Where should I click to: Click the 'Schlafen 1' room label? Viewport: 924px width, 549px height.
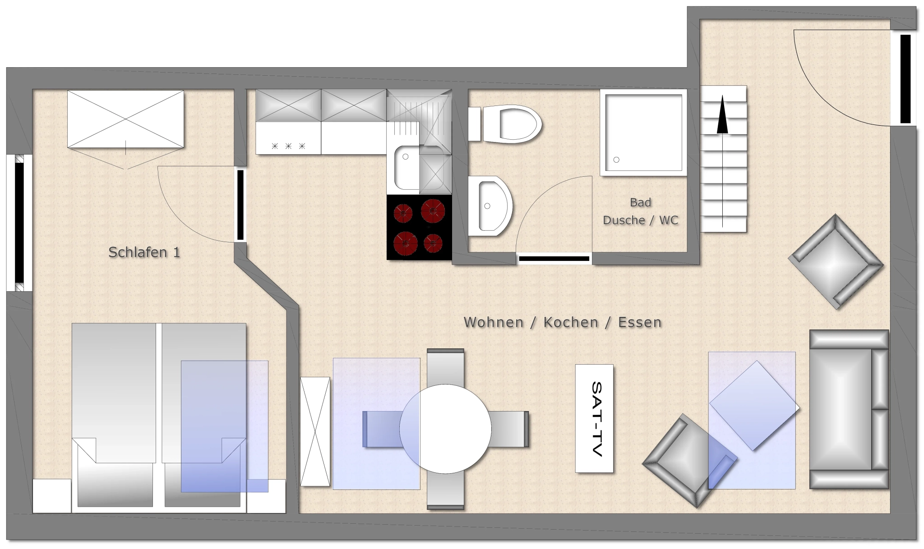click(x=144, y=252)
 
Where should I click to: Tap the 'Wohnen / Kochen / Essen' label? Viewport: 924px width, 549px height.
click(x=563, y=322)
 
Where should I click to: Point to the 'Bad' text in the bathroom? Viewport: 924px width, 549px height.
click(x=641, y=202)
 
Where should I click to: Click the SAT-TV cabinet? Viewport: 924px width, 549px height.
click(x=594, y=418)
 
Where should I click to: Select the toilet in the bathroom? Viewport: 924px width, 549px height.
click(x=505, y=124)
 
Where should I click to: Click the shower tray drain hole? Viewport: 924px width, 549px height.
click(x=616, y=160)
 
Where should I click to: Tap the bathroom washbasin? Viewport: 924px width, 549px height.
click(x=490, y=206)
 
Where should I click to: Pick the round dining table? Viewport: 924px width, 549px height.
click(x=445, y=429)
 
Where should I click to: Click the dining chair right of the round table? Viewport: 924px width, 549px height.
click(x=509, y=429)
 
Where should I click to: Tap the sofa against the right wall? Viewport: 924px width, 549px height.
click(x=849, y=409)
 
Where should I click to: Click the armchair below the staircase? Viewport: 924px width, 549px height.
click(x=836, y=262)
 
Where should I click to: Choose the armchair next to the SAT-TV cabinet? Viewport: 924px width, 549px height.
click(x=689, y=461)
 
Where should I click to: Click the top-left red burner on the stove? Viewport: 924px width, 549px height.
click(x=403, y=213)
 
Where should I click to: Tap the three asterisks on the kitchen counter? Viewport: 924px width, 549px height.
click(x=288, y=146)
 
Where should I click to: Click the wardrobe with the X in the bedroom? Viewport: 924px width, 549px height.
click(x=125, y=119)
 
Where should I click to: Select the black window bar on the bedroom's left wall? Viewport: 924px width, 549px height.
click(x=19, y=222)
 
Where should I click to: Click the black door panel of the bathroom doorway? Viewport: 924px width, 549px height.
click(x=554, y=259)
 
